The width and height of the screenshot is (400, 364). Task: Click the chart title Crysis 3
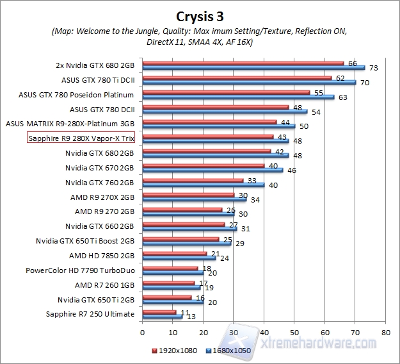[200, 14]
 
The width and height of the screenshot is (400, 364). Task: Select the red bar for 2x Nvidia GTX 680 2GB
[243, 63]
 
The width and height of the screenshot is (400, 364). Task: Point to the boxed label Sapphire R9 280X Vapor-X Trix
[81, 138]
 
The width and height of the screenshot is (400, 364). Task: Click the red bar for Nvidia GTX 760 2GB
[192, 180]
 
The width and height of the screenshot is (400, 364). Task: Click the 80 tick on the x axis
[385, 333]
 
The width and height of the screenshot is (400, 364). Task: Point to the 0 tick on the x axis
[142, 333]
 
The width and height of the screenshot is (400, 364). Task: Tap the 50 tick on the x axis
[294, 333]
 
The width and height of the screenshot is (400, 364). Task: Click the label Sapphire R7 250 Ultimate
[90, 314]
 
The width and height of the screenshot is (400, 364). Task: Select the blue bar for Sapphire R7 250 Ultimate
[162, 317]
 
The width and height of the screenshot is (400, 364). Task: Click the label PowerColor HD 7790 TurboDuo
[80, 270]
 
